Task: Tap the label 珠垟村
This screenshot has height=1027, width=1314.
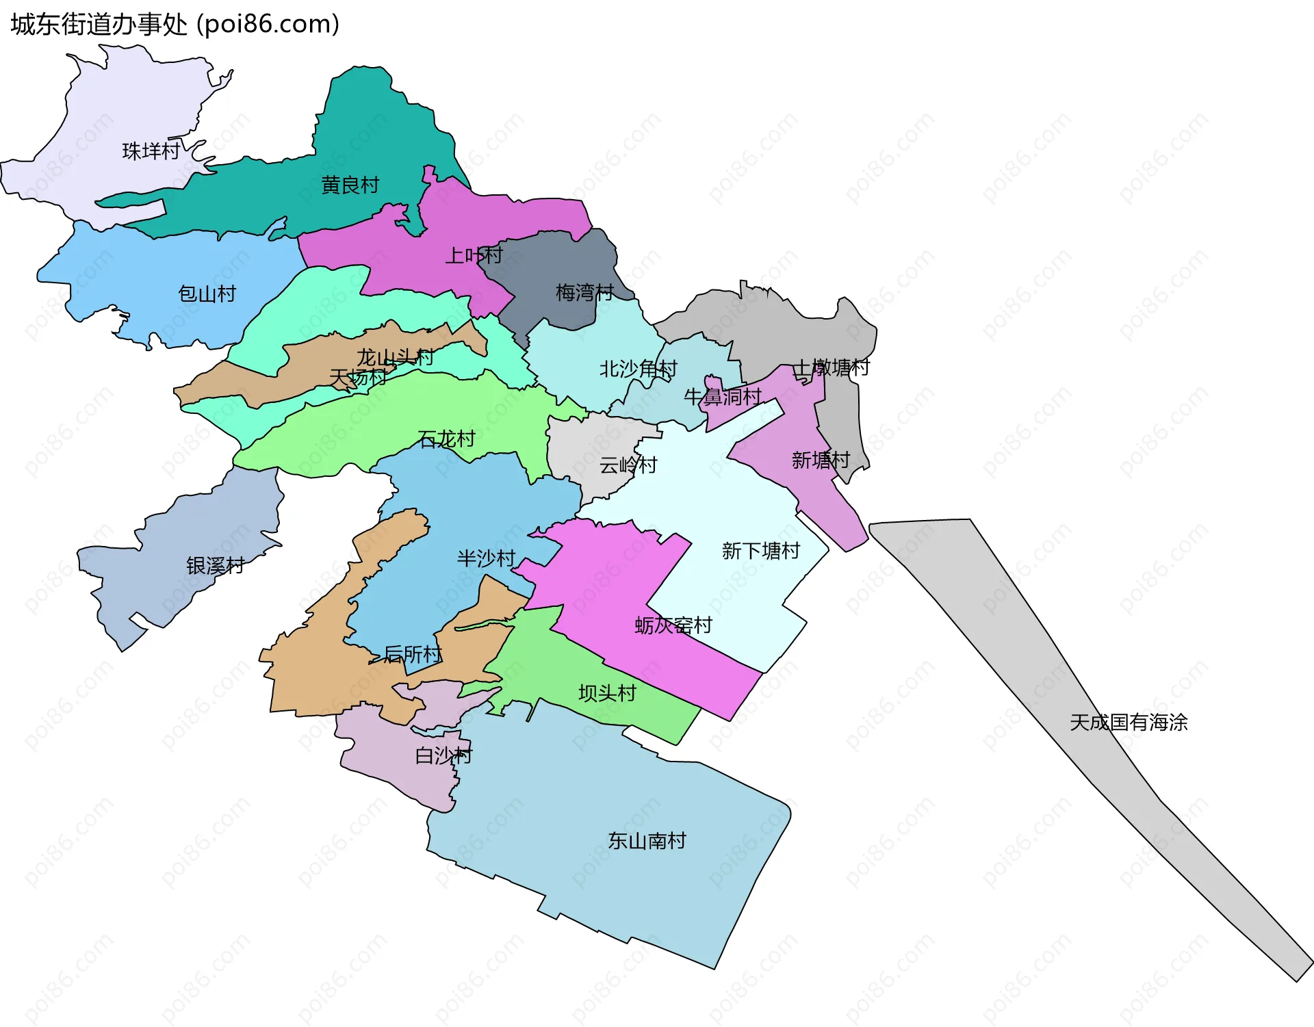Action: pyautogui.click(x=151, y=151)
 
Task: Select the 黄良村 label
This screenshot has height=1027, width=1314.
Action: pyautogui.click(x=350, y=185)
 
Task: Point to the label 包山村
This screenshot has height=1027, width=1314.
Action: pyautogui.click(x=207, y=294)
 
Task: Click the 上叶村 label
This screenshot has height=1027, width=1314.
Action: pyautogui.click(x=474, y=256)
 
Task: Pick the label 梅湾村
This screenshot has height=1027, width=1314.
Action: pyautogui.click(x=584, y=293)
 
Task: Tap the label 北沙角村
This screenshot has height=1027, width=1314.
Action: pyautogui.click(x=638, y=369)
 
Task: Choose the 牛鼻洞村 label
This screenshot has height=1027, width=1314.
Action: pyautogui.click(x=723, y=397)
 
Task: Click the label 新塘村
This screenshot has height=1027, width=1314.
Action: pyautogui.click(x=821, y=460)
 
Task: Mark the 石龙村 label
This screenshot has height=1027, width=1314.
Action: pyautogui.click(x=446, y=439)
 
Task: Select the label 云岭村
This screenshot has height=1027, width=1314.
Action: pyautogui.click(x=628, y=466)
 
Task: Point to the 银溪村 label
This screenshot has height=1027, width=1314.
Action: pyautogui.click(x=216, y=566)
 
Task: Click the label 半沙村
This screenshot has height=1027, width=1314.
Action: pyautogui.click(x=486, y=559)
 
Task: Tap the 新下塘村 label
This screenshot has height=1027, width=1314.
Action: pyautogui.click(x=761, y=551)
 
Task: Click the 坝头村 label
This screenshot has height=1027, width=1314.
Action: pyautogui.click(x=607, y=694)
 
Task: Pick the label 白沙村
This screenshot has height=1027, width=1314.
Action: pyautogui.click(x=443, y=756)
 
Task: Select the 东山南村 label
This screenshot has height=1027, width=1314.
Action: pyautogui.click(x=647, y=842)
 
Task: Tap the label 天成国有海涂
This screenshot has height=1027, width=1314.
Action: pyautogui.click(x=1129, y=723)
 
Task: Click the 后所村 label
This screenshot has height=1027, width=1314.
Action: pyautogui.click(x=413, y=655)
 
